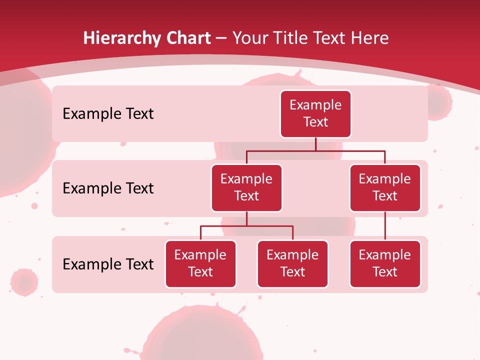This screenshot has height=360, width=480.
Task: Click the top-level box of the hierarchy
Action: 315,113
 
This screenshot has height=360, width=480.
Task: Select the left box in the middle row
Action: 246,187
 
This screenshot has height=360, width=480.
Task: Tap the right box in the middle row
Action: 385,187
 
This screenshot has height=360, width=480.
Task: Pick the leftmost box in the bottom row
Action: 200,263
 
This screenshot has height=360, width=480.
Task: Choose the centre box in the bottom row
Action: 292,263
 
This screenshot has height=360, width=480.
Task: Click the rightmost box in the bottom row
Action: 385,263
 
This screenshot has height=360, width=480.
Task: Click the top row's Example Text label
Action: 108,113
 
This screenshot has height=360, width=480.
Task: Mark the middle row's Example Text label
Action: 108,188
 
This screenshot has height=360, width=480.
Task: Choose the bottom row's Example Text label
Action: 108,264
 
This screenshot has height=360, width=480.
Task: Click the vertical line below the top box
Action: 315,144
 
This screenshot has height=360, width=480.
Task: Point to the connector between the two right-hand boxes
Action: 385,226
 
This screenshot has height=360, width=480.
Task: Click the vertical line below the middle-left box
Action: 246,219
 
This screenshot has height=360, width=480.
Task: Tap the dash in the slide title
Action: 221,38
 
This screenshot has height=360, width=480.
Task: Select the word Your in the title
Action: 248,38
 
